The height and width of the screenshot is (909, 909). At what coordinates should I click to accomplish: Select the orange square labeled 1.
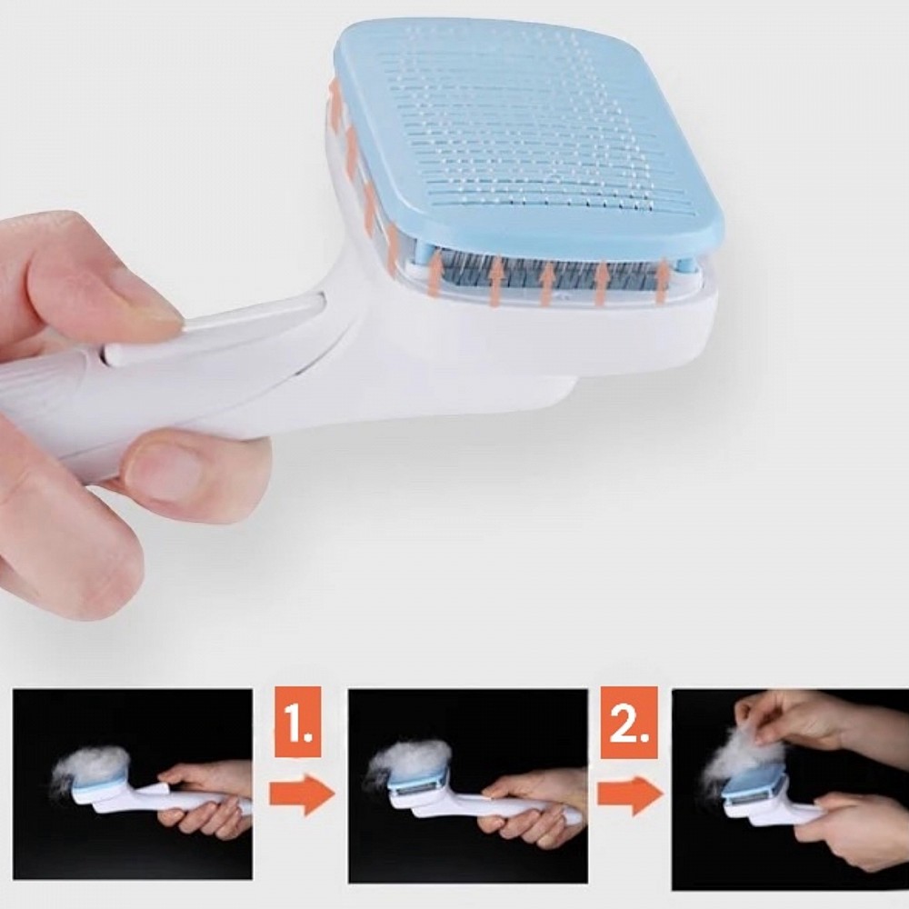(x=298, y=722)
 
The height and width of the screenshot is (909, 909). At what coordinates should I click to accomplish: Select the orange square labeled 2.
(x=629, y=722)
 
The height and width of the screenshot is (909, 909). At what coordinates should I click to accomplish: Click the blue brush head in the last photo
(x=753, y=784)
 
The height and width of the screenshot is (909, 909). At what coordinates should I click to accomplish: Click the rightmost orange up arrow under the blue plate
(x=660, y=283)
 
